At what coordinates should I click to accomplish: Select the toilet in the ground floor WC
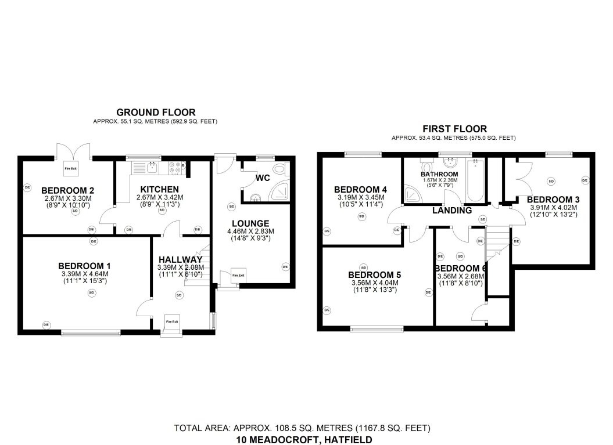pos(280,169)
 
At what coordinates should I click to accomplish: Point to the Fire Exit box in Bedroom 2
pos(71,168)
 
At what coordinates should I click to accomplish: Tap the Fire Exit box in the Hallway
pos(171,322)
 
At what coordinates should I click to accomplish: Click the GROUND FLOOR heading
pos(156,113)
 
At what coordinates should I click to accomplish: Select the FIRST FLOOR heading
pos(454,129)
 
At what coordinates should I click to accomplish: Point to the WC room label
pos(263,178)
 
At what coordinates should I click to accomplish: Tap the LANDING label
pos(452,211)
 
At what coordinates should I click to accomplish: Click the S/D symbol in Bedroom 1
pos(91,293)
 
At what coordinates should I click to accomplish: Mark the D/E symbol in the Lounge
pos(285,267)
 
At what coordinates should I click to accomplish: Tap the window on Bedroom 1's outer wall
pos(90,332)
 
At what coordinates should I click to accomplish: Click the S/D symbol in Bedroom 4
pos(361,217)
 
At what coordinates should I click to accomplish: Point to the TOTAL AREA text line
pos(302,428)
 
